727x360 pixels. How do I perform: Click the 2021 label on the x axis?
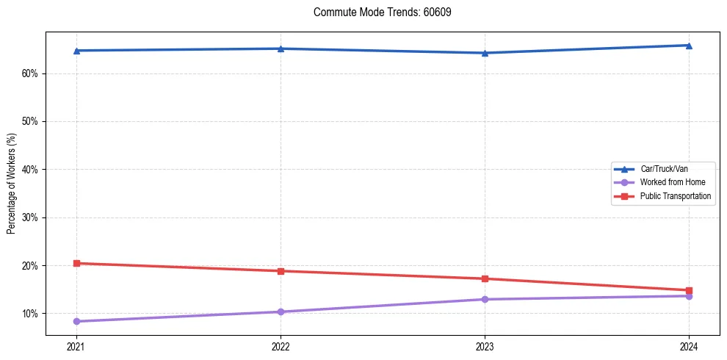76,346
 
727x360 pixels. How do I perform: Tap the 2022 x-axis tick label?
281,346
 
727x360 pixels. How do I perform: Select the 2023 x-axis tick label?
485,346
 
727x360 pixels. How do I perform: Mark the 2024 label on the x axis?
689,346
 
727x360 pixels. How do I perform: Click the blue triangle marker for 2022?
281,48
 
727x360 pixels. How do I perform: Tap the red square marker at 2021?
76,263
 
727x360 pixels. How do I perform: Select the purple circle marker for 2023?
485,299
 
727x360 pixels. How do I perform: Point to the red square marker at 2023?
485,278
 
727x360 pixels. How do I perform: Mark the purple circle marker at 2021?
76,321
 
